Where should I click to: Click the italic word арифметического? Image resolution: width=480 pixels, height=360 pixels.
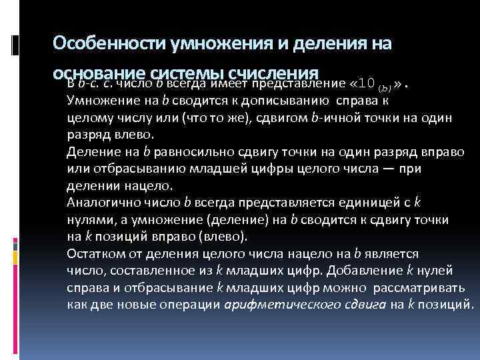273,305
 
